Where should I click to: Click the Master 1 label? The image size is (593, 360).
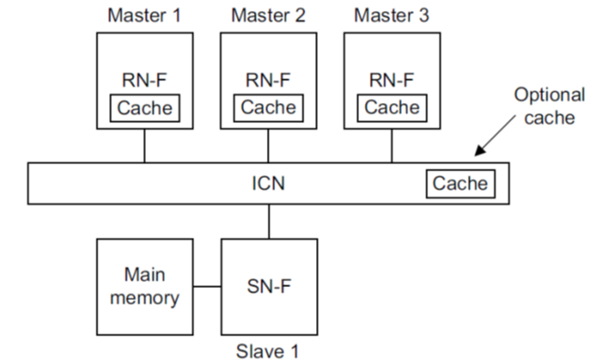[144, 15]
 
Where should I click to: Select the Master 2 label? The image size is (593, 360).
[268, 15]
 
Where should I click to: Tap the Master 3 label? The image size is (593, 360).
[392, 15]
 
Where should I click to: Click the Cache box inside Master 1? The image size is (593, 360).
[144, 107]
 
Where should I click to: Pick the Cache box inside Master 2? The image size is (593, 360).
[268, 107]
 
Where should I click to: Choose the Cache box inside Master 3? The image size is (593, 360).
[392, 107]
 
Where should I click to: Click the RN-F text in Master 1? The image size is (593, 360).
[144, 79]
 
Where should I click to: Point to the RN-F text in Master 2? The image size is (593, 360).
[268, 79]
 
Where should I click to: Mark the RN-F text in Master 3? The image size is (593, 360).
[392, 79]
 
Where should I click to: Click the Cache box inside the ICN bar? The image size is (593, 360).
[460, 184]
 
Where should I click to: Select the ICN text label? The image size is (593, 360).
[268, 184]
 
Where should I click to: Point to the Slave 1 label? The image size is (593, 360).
[269, 349]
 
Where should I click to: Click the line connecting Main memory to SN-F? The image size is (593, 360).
[208, 287]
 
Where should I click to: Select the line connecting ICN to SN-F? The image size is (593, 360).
[269, 221]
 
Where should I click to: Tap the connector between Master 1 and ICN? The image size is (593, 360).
[144, 147]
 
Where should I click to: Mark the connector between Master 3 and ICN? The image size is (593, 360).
[392, 147]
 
